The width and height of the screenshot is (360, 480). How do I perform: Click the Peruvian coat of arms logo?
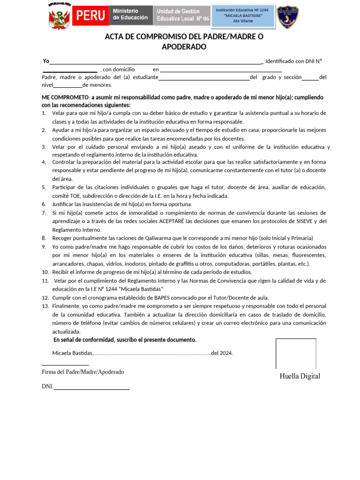pyautogui.click(x=59, y=17)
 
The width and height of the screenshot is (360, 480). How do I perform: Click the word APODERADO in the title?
pyautogui.click(x=184, y=47)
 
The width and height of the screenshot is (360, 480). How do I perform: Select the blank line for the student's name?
pyautogui.click(x=204, y=77)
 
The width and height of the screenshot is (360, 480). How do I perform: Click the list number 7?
pyautogui.click(x=44, y=213)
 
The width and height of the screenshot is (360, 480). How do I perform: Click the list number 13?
pyautogui.click(x=45, y=306)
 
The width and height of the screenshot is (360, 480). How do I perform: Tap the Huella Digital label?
pyautogui.click(x=300, y=376)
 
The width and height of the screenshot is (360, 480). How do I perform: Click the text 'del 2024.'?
pyautogui.click(x=222, y=353)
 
